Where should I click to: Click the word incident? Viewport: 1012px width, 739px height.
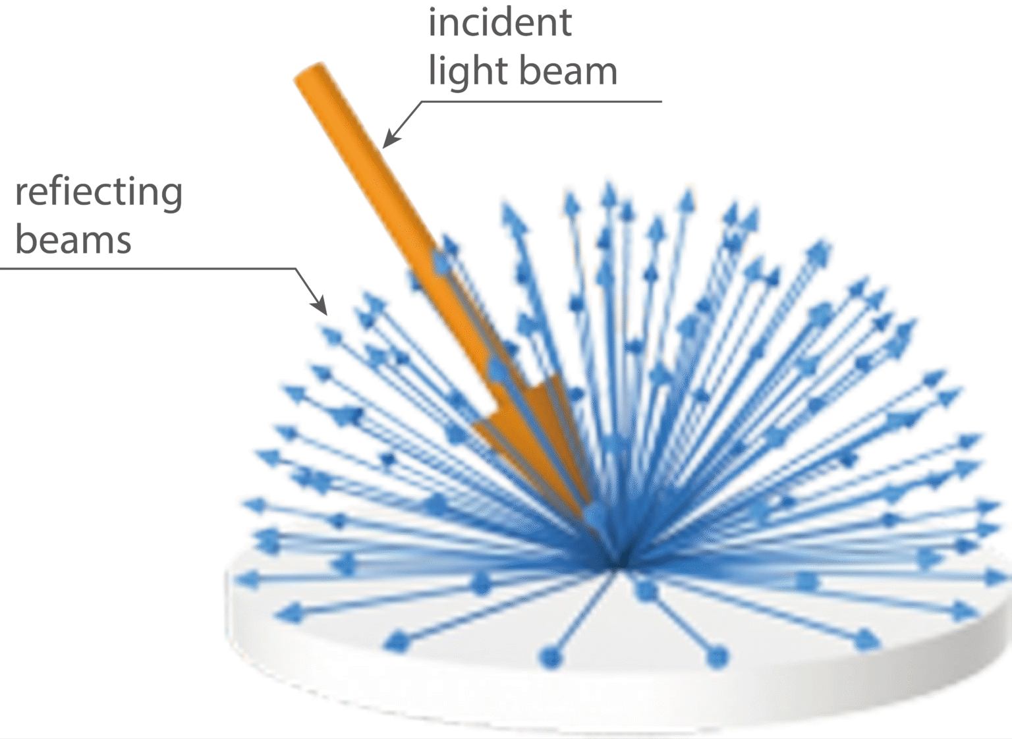pyautogui.click(x=499, y=23)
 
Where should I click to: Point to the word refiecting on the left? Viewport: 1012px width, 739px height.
pyautogui.click(x=99, y=193)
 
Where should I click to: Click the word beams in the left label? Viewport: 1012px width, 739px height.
pyautogui.click(x=73, y=240)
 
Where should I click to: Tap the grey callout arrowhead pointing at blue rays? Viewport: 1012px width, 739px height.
pyautogui.click(x=320, y=306)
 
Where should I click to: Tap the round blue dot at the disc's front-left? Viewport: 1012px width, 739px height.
pyautogui.click(x=548, y=657)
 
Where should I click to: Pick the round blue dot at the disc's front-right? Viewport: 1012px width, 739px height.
pyautogui.click(x=717, y=656)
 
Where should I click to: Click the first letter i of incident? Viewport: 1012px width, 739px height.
pyautogui.click(x=432, y=23)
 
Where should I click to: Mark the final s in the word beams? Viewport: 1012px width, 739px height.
pyautogui.click(x=123, y=241)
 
